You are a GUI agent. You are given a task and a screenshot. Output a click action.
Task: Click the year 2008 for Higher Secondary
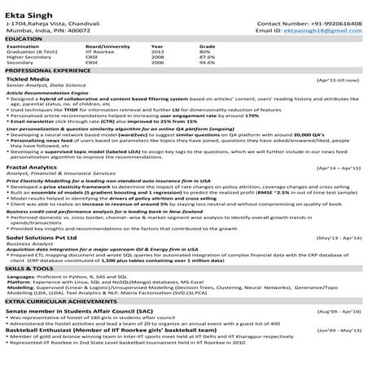157,58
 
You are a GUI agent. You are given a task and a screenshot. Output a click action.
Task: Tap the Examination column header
24,46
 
